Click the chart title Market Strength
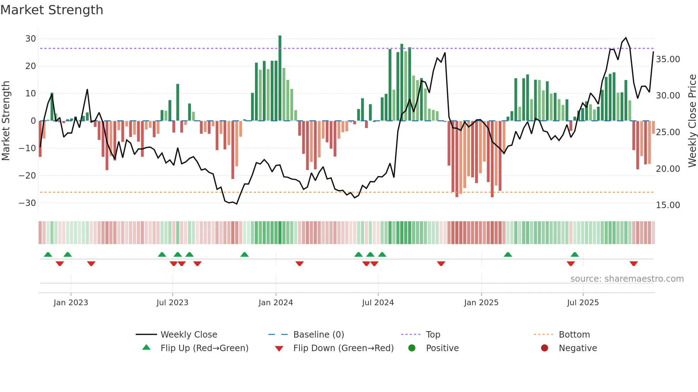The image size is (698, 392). pos(52,10)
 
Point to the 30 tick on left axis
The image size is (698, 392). pos(31,39)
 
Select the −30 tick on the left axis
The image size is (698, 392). pos(27,203)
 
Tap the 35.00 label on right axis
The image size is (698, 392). pos(668,59)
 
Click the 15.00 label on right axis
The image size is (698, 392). pos(668,205)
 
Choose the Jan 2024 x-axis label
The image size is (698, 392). pos(276,303)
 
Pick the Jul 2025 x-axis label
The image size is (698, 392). pos(583,303)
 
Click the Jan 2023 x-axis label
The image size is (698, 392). pos(71,303)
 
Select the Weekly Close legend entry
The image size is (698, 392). pos(188,335)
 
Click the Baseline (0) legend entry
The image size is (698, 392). pos(318,335)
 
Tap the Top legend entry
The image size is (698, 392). pos(433,335)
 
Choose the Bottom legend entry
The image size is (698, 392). pos(574,335)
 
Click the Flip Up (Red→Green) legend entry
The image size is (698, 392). pos(204,348)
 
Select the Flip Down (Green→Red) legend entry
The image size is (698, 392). pos(343,348)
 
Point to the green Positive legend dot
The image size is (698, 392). pos(412,348)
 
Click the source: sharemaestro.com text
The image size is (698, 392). pos(627,279)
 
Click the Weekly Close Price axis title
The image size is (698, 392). pos(692,121)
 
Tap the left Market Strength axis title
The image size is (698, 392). pos(6,121)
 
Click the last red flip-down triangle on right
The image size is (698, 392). pos(634,264)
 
